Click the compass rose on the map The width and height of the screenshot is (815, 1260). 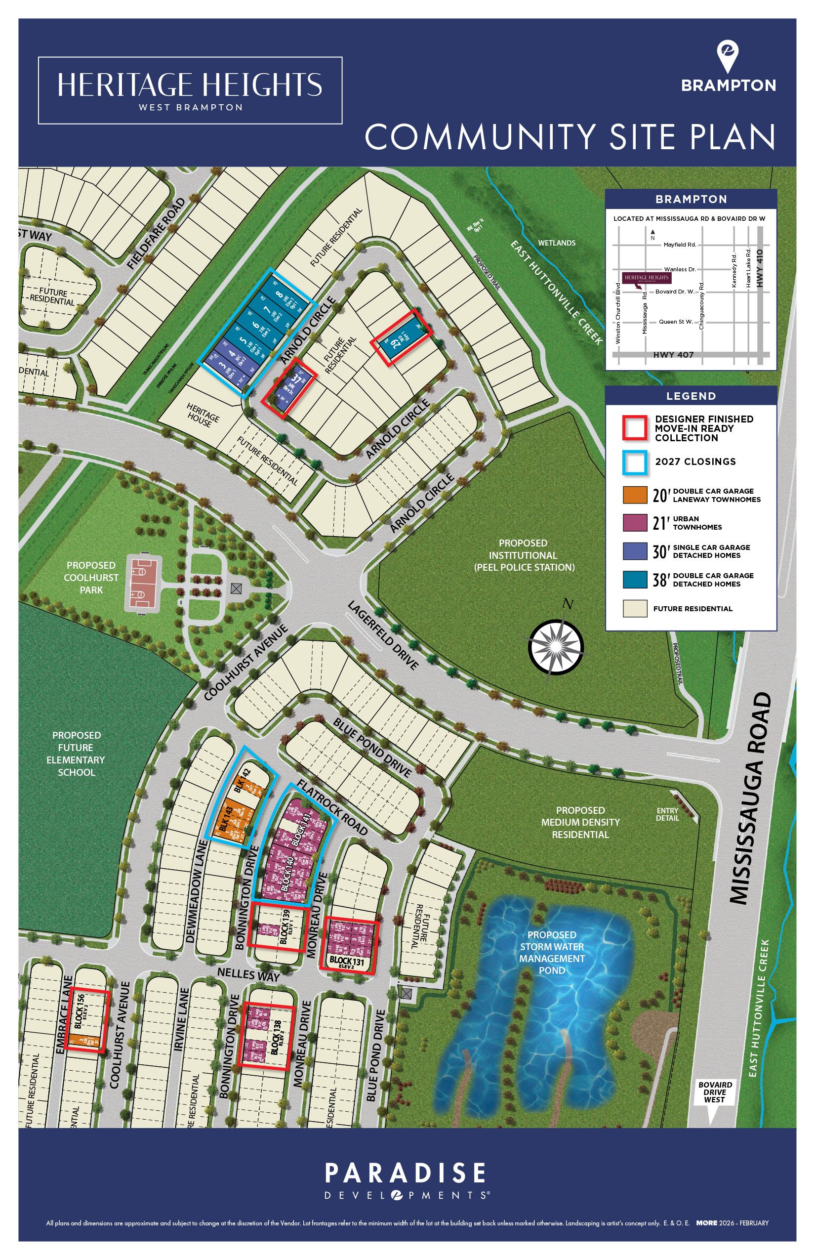pos(556,646)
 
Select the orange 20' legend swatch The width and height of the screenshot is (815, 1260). pos(635,495)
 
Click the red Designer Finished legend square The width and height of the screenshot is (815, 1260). pos(635,428)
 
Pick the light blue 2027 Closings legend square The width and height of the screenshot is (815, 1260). pos(635,462)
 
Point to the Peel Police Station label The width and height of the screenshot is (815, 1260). pos(524,555)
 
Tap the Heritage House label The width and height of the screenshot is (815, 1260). pos(203,413)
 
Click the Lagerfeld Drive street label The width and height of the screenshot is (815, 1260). pos(383,635)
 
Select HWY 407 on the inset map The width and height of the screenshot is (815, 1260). pos(673,355)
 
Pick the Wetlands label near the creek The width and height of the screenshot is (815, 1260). pos(556,243)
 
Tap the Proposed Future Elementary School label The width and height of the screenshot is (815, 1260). pos(76,754)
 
